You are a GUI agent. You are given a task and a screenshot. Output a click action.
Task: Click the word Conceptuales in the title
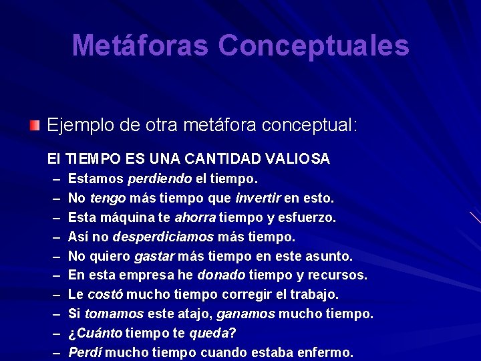coord(313,45)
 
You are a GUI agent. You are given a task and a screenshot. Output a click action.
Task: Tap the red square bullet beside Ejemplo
coord(35,124)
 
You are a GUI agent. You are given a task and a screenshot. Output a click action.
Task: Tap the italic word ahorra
coord(195,218)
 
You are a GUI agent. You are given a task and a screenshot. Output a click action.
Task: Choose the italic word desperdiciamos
coord(163,237)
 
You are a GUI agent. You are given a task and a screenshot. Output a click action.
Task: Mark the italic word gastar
coord(155,256)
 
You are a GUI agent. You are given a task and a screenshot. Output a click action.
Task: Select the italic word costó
coord(106,295)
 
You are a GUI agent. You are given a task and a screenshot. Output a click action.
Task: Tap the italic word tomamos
coord(114,314)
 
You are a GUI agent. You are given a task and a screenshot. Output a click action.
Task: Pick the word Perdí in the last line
coord(85,352)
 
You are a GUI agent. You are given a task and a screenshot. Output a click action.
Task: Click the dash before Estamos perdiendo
coord(53,179)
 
